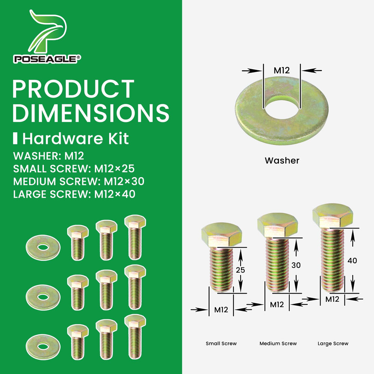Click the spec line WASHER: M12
click(49, 156)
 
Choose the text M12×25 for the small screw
click(114, 169)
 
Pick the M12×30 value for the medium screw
click(124, 181)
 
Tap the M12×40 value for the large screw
click(115, 194)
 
